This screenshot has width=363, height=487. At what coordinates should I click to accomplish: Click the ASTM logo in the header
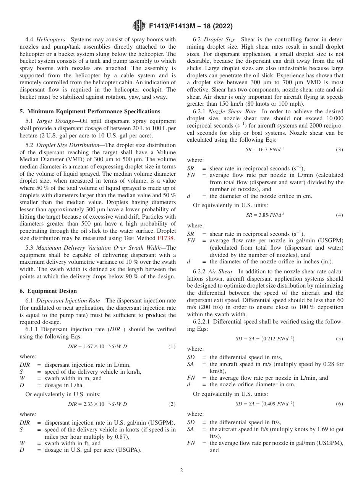(139, 26)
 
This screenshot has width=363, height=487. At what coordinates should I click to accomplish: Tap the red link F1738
(166, 238)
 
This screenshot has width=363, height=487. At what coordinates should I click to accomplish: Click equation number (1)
(172, 346)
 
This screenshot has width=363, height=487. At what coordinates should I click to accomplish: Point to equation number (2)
(172, 404)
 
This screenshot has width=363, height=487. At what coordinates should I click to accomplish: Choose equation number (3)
(339, 150)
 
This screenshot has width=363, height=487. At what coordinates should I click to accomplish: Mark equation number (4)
(339, 215)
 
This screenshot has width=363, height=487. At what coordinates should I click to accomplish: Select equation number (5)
(339, 339)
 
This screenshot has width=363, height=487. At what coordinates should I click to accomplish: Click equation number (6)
(339, 404)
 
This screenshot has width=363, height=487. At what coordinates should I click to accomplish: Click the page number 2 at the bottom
(181, 471)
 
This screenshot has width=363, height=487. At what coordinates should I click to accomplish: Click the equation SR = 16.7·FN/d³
(265, 150)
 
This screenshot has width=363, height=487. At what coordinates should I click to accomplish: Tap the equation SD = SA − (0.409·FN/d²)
(265, 404)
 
